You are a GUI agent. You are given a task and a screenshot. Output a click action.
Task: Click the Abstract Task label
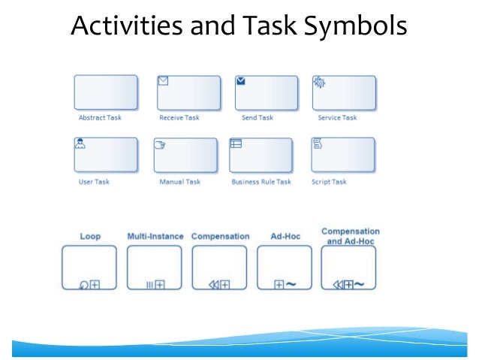tap(100, 118)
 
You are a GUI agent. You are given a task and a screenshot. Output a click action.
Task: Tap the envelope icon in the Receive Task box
tap(163, 81)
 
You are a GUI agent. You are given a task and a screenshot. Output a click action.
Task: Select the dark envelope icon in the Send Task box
tap(241, 81)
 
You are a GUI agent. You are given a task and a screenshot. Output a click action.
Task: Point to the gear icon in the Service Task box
tap(318, 82)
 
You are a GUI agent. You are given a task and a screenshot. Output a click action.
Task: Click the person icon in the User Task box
tap(80, 144)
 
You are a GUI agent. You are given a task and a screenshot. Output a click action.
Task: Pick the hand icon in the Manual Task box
tap(159, 144)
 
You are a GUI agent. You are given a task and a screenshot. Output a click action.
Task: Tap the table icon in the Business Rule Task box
tap(236, 144)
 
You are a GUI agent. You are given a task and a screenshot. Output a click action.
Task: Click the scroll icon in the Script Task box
tap(318, 144)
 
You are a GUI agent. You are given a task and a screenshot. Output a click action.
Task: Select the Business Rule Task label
tap(261, 182)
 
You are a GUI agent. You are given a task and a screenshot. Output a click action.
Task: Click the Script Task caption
tap(329, 182)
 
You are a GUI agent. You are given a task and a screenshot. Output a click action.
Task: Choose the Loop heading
tap(90, 236)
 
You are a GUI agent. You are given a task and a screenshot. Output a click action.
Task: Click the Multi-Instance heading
tap(155, 236)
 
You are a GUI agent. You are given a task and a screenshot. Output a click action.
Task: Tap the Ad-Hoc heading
tap(285, 236)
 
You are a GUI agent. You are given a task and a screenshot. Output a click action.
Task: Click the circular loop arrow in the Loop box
tap(84, 284)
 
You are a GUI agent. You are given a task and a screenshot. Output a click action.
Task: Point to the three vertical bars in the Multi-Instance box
tap(150, 284)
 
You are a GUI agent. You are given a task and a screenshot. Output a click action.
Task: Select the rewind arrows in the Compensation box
tap(213, 284)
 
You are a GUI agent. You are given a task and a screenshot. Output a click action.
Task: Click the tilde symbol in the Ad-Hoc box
tap(291, 283)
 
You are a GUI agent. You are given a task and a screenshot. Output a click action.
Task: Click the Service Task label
tap(337, 118)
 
